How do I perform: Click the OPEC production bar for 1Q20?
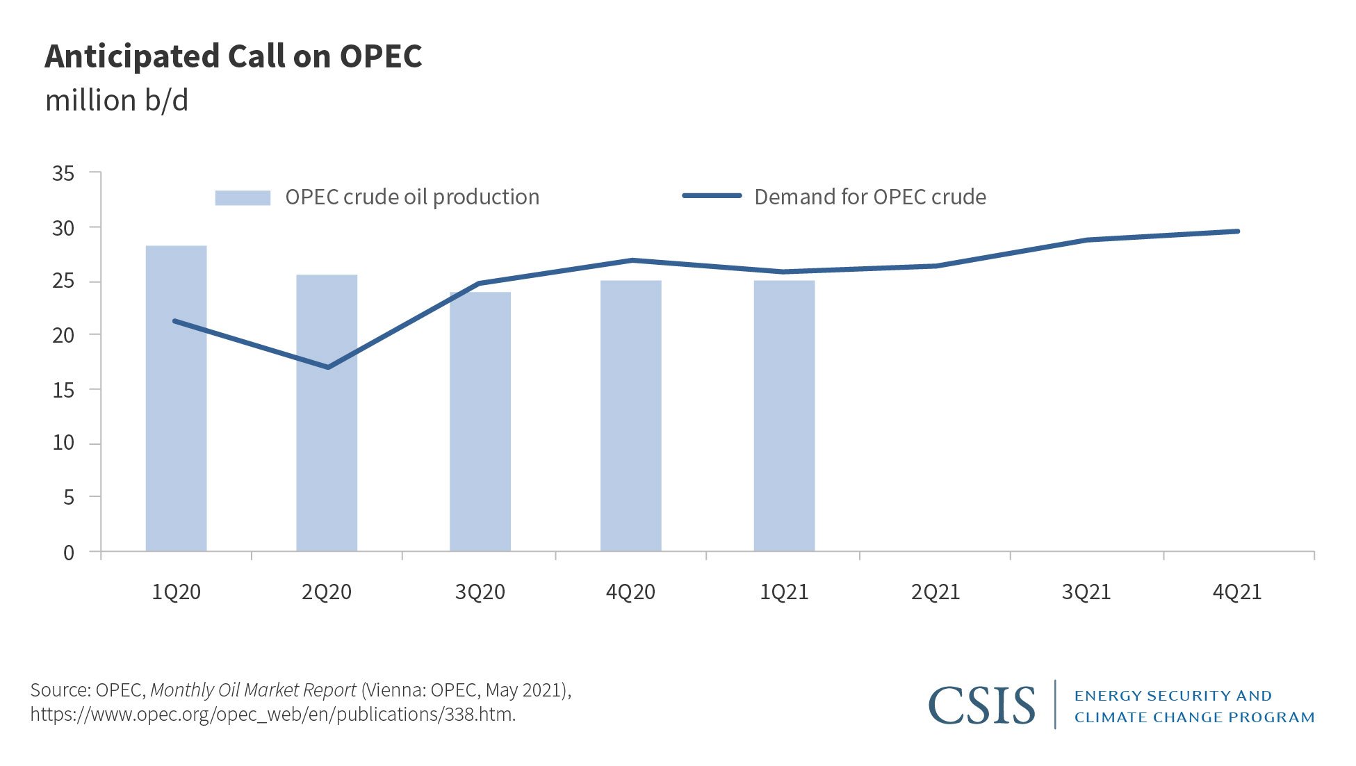pos(176,417)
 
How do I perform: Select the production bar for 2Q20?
pos(327,431)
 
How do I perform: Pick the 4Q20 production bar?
pos(630,431)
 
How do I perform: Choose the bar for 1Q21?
pos(784,431)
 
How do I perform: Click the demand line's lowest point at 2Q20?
pos(327,367)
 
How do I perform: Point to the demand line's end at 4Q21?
pos(1237,231)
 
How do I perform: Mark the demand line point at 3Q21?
pos(1086,240)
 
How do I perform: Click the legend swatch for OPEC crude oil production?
pos(242,197)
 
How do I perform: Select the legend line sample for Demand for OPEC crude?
pos(712,196)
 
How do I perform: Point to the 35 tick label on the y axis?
pos(63,174)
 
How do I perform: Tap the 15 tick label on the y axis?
pos(63,390)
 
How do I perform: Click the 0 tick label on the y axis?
pos(69,553)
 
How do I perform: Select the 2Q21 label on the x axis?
pos(935,592)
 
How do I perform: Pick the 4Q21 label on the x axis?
pos(1236,592)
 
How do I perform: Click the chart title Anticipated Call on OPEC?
pos(234,56)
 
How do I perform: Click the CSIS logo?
pos(981,706)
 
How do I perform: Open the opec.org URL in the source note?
pos(272,715)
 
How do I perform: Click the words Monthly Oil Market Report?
pos(253,690)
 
